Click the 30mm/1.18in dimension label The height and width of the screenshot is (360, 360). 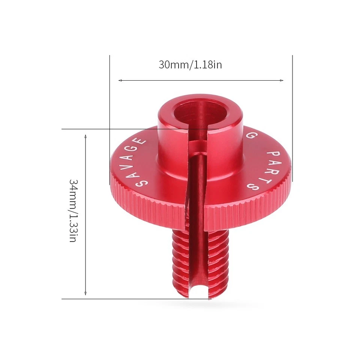pyautogui.click(x=190, y=65)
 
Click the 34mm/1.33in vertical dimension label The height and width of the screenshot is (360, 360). pyautogui.click(x=73, y=210)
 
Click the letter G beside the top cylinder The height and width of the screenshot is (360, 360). pyautogui.click(x=249, y=135)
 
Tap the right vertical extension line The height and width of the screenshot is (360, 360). pyautogui.click(x=292, y=112)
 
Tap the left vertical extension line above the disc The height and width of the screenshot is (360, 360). pyautogui.click(x=109, y=94)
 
